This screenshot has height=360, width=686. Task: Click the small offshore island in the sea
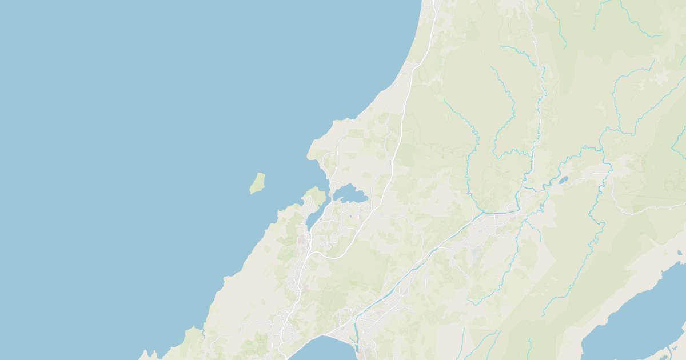[258, 183]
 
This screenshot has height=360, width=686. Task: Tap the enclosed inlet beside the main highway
[350, 195]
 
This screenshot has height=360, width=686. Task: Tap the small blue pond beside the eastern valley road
[563, 180]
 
